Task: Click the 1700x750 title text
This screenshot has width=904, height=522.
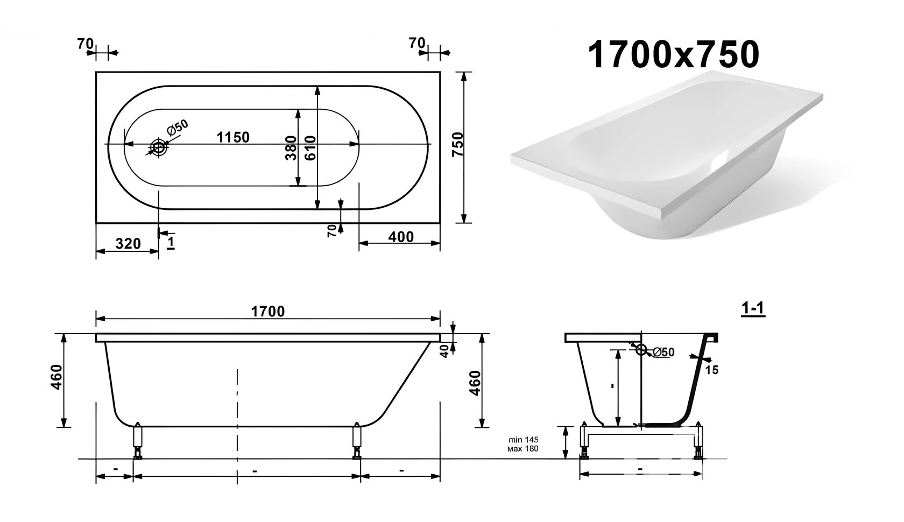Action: [673, 55]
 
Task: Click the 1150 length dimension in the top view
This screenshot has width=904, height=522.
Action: [233, 137]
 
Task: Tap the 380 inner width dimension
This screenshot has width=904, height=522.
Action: [291, 148]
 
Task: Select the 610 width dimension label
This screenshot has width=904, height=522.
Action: [310, 148]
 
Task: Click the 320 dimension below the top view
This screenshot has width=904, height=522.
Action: [128, 243]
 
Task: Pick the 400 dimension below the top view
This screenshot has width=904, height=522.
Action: [401, 237]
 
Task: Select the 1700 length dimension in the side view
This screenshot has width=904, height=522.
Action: [267, 311]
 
